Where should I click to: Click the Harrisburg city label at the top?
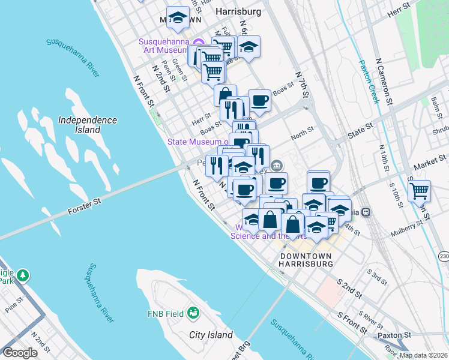click(x=238, y=11)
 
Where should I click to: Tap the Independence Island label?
click(x=88, y=125)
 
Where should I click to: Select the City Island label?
click(x=211, y=334)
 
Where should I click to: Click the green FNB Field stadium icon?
click(x=193, y=313)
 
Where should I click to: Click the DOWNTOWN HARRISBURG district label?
click(x=306, y=260)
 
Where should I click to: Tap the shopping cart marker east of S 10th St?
click(x=419, y=191)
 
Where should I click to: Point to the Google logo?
click(x=20, y=353)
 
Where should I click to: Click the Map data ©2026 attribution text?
click(x=423, y=355)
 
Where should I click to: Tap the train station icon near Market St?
click(x=366, y=212)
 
